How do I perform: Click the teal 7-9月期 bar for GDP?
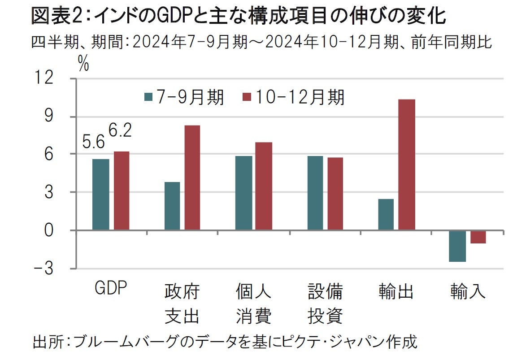tap(100, 195)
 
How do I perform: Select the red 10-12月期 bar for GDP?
tap(122, 191)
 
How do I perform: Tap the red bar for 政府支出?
tap(192, 178)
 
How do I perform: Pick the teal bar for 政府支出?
tap(172, 206)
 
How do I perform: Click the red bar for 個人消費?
tap(264, 186)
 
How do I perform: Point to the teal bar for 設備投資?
tap(315, 193)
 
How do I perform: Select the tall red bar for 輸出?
tap(407, 165)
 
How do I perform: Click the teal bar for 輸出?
tap(386, 214)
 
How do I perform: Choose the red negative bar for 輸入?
tap(478, 237)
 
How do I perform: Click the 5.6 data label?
tap(93, 143)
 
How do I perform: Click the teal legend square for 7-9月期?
tap(148, 97)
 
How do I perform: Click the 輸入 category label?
tap(468, 292)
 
